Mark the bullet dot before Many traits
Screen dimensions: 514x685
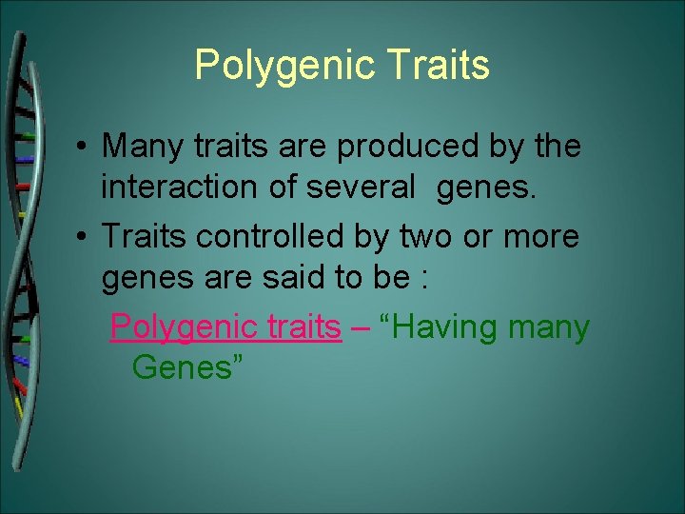[84, 148]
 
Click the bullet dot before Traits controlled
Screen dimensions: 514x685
[84, 236]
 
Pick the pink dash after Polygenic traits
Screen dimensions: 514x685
[360, 327]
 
